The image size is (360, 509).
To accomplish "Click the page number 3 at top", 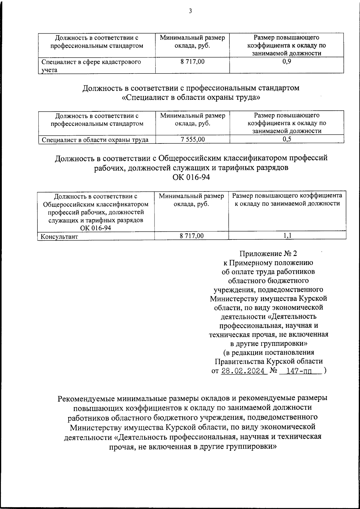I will coord(190,11).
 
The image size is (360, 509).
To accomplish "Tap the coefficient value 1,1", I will coord(287,236).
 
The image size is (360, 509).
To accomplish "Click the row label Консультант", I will coord(59,236).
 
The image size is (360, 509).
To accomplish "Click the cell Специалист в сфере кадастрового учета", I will coord(91,66).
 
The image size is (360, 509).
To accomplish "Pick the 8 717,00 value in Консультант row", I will coord(191,236).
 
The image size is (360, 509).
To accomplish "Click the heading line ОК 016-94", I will coord(191,177).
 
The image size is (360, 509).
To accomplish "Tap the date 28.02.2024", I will coord(243,371).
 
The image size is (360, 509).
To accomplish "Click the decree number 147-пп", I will coord(299,371).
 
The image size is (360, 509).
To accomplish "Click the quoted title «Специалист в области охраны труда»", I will coord(191,98).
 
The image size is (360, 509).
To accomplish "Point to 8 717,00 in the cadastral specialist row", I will coord(192,62).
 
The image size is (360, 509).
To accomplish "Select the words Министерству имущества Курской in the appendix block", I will coord(268,299).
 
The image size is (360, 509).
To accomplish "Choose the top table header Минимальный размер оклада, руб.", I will coord(192,42).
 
